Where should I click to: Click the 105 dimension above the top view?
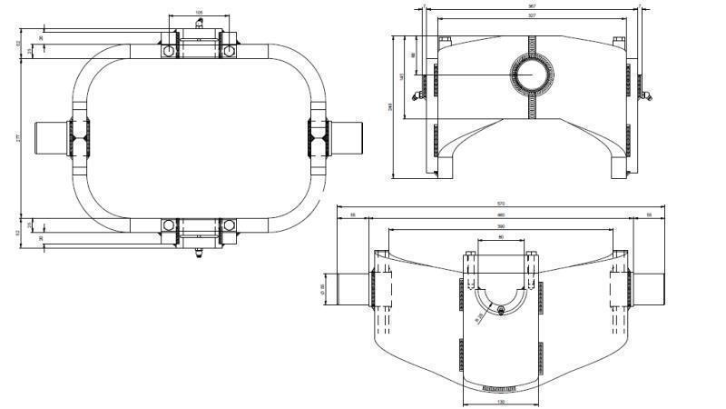pos(198,13)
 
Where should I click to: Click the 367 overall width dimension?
pos(532,6)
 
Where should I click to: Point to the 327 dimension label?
pos(532,15)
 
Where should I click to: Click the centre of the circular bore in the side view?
pos(532,73)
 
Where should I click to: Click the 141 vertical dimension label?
pos(402,76)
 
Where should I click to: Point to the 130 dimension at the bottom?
pos(500,401)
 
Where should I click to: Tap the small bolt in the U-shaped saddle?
pos(500,308)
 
